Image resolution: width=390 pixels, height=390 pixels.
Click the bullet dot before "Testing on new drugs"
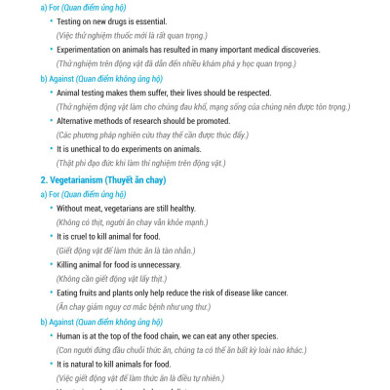pos(50,20)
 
